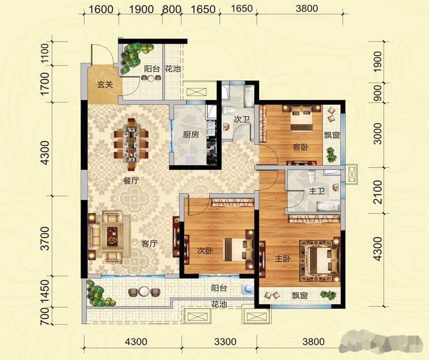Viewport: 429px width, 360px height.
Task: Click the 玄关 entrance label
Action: point(105,84)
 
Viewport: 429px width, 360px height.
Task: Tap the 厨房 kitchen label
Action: point(191,134)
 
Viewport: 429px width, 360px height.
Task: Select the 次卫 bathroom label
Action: point(241,119)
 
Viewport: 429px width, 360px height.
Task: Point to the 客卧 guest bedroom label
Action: point(300,147)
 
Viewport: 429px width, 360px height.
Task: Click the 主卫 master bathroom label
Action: point(317,191)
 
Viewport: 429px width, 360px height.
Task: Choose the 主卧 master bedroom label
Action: point(283,258)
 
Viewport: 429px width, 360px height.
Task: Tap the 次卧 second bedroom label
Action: point(205,250)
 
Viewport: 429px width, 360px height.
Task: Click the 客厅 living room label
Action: point(149,243)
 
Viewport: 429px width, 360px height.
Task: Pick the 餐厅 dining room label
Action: point(132,180)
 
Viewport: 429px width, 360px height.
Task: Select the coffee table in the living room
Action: point(112,235)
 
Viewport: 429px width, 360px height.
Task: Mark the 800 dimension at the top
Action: point(172,10)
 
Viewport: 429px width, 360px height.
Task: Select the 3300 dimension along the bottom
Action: point(225,342)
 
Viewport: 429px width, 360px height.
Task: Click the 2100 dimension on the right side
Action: point(378,191)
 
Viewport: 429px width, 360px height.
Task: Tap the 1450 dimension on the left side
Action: point(45,291)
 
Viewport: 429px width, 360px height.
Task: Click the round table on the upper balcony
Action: point(151,78)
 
